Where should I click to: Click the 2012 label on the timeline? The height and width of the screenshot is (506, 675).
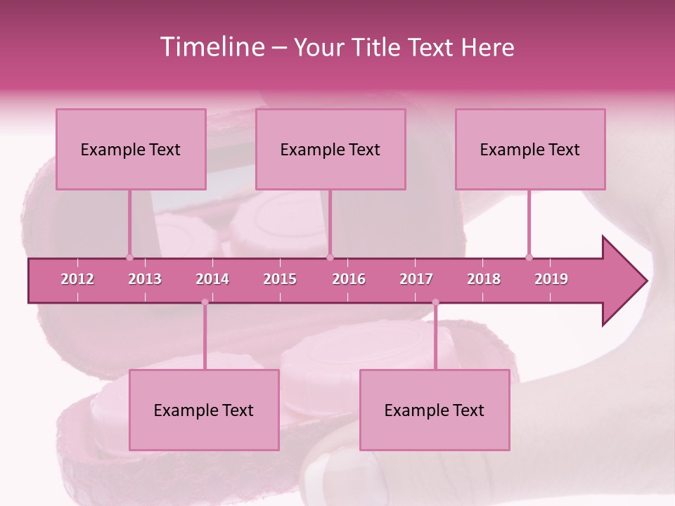coord(77,279)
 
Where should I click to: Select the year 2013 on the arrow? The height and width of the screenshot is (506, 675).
coord(145,279)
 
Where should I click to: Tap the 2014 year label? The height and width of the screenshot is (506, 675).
coord(212,279)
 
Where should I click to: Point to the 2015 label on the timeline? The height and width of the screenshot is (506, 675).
coord(280,279)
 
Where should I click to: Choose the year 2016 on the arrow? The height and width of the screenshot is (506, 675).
coord(349,279)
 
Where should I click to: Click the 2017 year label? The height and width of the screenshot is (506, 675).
coord(416,279)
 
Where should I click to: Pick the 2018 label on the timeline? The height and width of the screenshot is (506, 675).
coord(484,279)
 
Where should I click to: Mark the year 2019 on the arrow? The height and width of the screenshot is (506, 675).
coord(551,279)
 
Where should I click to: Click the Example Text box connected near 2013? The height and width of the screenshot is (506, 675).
coord(131,149)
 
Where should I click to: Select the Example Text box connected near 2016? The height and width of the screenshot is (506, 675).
coord(330,149)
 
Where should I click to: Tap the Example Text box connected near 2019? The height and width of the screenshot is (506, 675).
coord(530,149)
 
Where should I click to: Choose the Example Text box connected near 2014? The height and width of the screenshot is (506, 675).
coord(204,410)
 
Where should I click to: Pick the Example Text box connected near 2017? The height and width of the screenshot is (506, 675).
coord(435,410)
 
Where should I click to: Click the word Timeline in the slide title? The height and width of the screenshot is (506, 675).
coord(212,47)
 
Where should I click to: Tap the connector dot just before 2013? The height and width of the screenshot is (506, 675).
coord(129,257)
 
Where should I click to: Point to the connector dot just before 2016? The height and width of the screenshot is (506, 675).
coord(330,257)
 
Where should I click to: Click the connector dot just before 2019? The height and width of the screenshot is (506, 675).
coord(529,257)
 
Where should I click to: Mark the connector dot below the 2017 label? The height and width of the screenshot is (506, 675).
coord(435,302)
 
